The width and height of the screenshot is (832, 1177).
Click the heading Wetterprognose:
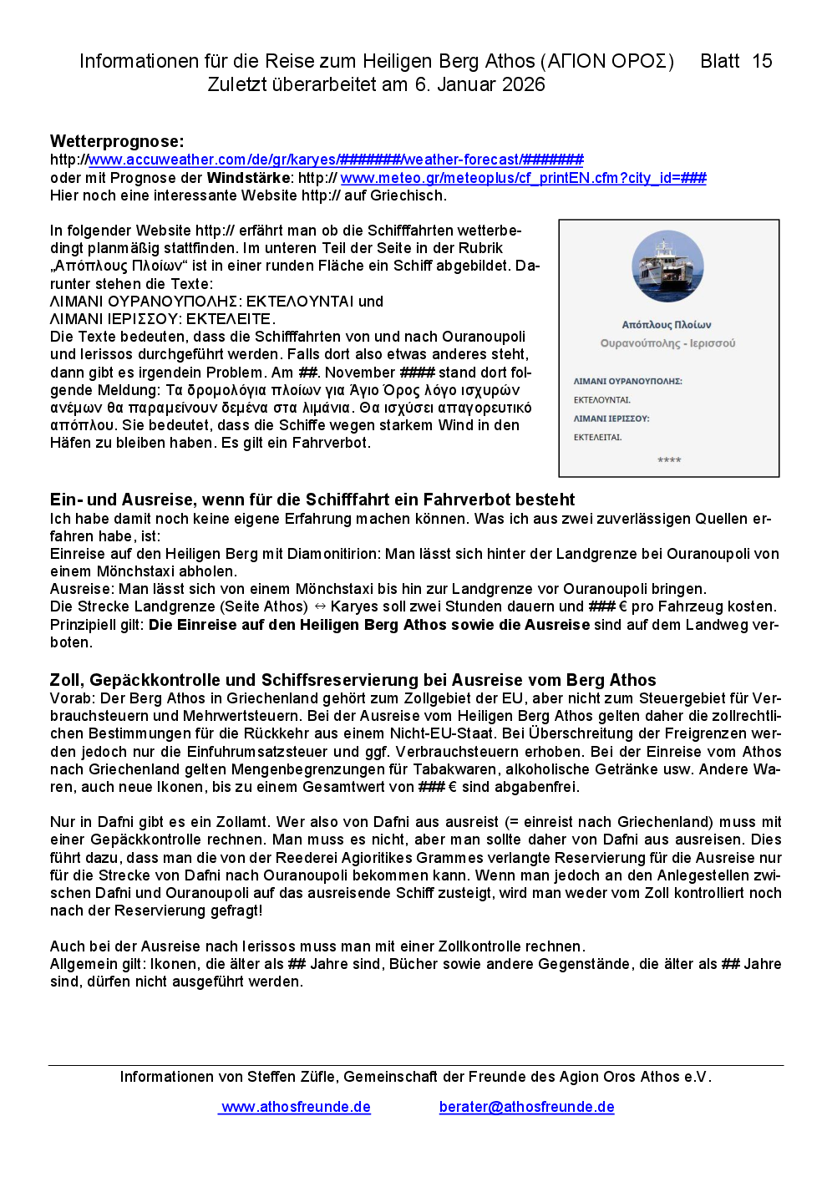[117, 141]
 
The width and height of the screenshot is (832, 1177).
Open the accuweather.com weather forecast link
[336, 160]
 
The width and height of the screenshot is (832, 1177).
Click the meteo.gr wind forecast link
[523, 178]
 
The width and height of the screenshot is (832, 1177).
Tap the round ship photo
[667, 266]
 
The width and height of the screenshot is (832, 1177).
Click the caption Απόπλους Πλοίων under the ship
[667, 325]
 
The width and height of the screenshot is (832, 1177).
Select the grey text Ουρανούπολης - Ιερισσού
[667, 343]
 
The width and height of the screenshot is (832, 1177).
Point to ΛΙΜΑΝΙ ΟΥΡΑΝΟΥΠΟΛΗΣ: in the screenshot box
[627, 381]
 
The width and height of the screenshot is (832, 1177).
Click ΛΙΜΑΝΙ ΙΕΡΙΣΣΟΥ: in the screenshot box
[611, 419]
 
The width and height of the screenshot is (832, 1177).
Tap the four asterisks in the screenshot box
[669, 460]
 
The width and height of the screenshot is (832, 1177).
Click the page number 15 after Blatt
[762, 61]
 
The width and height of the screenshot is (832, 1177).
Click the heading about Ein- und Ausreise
[312, 500]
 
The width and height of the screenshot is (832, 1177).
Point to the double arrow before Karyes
[320, 606]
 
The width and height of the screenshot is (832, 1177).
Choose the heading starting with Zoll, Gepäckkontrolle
[353, 680]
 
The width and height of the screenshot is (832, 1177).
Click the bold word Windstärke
[249, 178]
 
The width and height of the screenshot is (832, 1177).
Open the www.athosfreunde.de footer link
[296, 1107]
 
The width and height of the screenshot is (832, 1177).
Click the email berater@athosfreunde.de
[526, 1107]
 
